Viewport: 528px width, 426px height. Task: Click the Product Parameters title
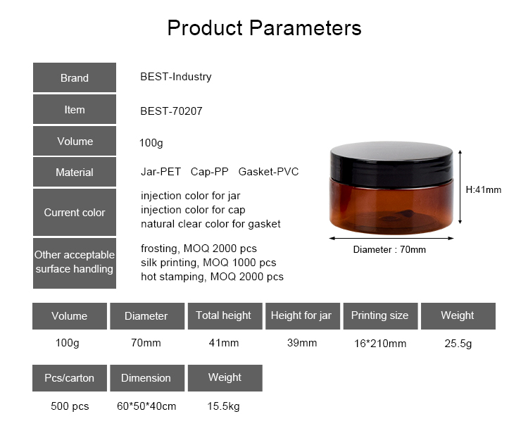pyautogui.click(x=264, y=28)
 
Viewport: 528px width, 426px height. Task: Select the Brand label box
pyautogui.click(x=75, y=77)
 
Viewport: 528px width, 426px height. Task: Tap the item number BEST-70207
pyautogui.click(x=171, y=111)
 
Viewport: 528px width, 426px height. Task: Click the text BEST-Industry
pyautogui.click(x=176, y=77)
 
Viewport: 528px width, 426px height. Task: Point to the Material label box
pyautogui.click(x=75, y=172)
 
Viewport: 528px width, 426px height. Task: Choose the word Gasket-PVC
pyautogui.click(x=268, y=172)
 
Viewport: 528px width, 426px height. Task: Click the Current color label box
pyautogui.click(x=75, y=212)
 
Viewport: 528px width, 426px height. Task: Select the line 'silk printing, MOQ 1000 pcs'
pyautogui.click(x=208, y=263)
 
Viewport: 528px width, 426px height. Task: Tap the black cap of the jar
pyautogui.click(x=391, y=164)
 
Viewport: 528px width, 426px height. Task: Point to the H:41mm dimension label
pyautogui.click(x=483, y=190)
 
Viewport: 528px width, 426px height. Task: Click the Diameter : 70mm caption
pyautogui.click(x=389, y=249)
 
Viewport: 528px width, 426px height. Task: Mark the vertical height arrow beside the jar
pyautogui.click(x=460, y=187)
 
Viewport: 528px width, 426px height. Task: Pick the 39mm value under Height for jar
pyautogui.click(x=302, y=343)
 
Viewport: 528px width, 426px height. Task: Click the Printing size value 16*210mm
pyautogui.click(x=380, y=344)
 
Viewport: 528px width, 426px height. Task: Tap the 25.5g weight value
pyautogui.click(x=458, y=344)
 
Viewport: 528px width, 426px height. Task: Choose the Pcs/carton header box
pyautogui.click(x=70, y=378)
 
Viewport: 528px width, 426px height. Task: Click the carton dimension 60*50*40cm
pyautogui.click(x=146, y=406)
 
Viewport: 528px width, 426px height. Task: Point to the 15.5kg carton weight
pyautogui.click(x=223, y=406)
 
